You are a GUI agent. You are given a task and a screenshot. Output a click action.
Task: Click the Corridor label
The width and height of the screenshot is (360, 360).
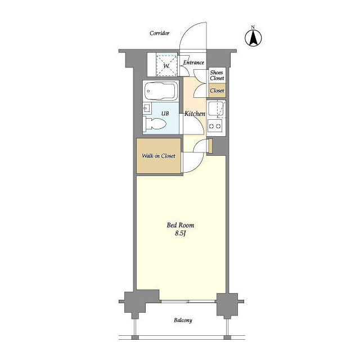159,33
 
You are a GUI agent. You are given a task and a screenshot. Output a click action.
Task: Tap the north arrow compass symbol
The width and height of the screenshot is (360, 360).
253,38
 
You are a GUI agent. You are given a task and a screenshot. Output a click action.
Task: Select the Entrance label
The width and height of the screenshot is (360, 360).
193,62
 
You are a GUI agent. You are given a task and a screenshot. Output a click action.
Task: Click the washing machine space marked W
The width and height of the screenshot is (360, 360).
166,65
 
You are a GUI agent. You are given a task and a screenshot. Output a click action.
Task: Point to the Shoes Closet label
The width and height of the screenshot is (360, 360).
217,75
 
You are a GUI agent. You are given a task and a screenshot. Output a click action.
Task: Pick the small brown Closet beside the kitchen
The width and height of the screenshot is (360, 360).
217,91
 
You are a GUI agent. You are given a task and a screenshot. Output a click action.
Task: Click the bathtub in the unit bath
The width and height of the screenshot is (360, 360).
161,91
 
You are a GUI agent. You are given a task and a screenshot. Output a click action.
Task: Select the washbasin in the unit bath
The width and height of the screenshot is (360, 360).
147,109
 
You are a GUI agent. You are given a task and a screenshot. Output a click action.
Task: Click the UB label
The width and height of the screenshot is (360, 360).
165,114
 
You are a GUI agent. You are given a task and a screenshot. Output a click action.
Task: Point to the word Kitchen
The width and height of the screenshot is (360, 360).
195,114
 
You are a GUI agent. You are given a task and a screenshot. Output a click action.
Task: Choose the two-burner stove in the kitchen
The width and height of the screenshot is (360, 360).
215,126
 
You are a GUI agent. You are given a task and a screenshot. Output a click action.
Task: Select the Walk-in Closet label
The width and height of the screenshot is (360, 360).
159,156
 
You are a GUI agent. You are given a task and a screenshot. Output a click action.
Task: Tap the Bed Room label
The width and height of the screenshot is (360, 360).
180,225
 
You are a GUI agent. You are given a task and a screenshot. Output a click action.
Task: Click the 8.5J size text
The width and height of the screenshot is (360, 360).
180,233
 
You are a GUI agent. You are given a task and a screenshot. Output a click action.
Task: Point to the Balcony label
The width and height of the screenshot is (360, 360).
183,320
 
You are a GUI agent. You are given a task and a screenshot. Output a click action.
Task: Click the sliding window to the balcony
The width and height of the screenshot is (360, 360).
188,301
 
